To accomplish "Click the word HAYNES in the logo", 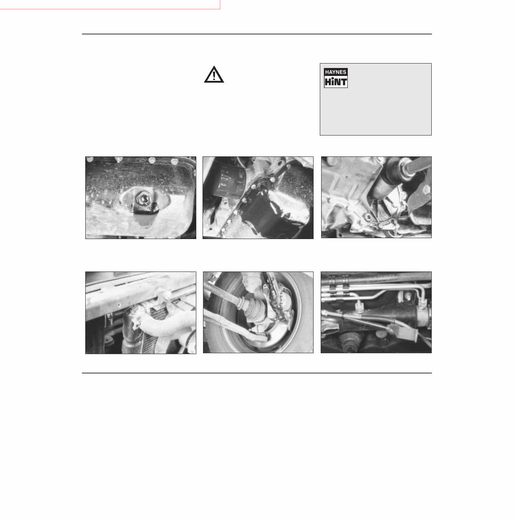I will [336, 72].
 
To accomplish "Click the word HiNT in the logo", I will [336, 82].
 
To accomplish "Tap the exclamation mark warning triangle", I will [214, 75].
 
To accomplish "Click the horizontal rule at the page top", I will [257, 34].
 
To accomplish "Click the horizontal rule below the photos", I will [257, 373].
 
